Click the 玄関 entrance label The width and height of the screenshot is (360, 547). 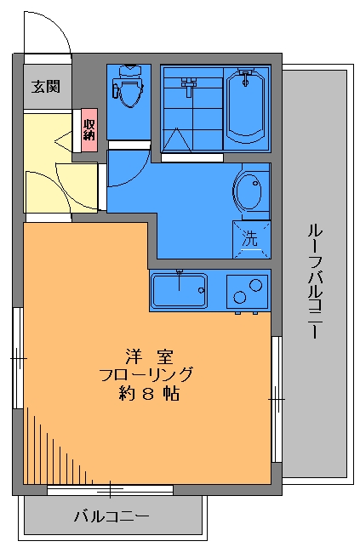click(x=45, y=87)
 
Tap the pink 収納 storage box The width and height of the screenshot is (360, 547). click(x=89, y=128)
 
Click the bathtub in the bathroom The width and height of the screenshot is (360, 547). click(x=246, y=108)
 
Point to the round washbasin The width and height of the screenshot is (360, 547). click(x=249, y=191)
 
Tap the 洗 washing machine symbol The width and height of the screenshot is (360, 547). click(x=250, y=238)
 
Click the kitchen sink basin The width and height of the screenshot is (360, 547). click(x=179, y=292)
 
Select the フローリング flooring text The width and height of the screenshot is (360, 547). click(x=146, y=374)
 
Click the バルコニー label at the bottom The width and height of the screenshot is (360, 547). click(x=111, y=516)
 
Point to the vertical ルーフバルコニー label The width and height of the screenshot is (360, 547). click(x=314, y=282)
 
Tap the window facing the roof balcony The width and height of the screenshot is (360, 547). click(x=277, y=397)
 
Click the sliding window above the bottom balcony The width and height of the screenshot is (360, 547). click(x=110, y=490)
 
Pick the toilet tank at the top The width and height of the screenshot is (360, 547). click(x=129, y=71)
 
